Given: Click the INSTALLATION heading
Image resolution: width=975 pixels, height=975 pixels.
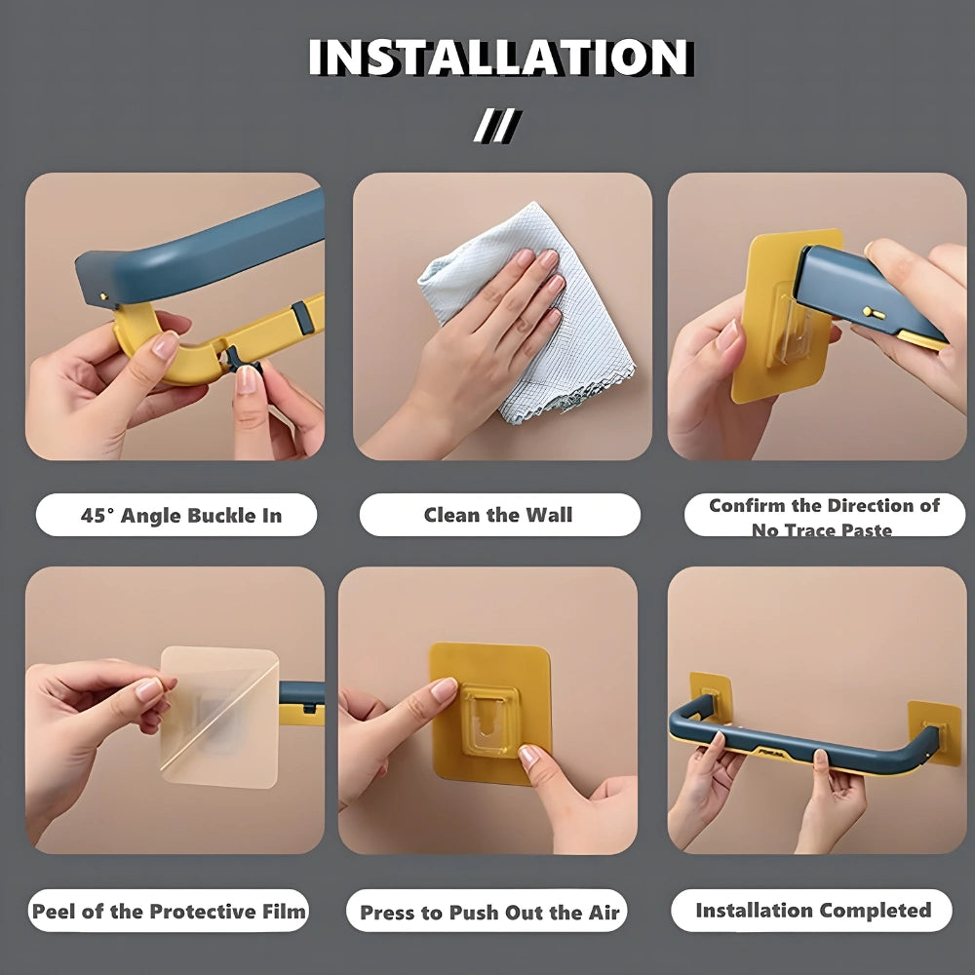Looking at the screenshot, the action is pyautogui.click(x=500, y=58).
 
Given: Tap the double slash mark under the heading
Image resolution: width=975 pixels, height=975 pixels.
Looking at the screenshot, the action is pyautogui.click(x=497, y=126).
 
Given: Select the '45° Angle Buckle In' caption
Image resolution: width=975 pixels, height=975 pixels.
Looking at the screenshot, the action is pyautogui.click(x=181, y=516).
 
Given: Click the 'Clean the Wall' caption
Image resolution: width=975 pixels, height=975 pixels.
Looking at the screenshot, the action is pyautogui.click(x=498, y=515).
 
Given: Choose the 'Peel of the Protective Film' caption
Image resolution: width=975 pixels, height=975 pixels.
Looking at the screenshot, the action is pyautogui.click(x=169, y=912).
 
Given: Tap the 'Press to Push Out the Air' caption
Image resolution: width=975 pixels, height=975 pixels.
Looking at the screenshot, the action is pyautogui.click(x=490, y=913).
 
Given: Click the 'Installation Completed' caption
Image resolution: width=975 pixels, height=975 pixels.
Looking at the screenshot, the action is pyautogui.click(x=813, y=911).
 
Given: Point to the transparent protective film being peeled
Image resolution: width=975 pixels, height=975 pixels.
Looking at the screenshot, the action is pyautogui.click(x=218, y=717).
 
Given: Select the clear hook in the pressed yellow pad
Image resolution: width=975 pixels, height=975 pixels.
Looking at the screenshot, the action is pyautogui.click(x=490, y=721).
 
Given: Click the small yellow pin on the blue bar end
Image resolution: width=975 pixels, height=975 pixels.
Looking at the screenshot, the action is pyautogui.click(x=874, y=313).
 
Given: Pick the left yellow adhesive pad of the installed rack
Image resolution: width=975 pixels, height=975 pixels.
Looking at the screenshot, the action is pyautogui.click(x=710, y=696).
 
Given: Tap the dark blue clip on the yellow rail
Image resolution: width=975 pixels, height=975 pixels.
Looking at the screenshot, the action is pyautogui.click(x=303, y=317).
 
